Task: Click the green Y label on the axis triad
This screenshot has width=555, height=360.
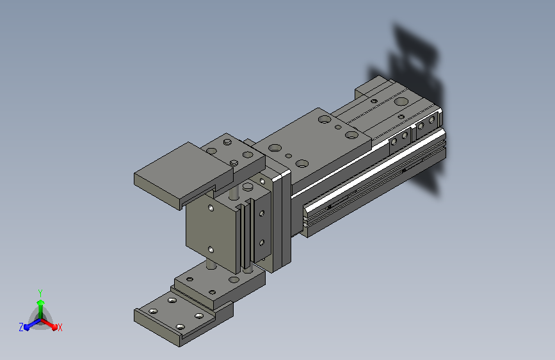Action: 40,293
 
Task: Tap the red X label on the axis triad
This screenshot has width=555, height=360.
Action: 60,327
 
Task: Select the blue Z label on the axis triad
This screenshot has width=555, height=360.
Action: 21,327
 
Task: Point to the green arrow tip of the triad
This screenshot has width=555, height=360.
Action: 40,302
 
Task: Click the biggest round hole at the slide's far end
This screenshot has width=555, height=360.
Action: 401,102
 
